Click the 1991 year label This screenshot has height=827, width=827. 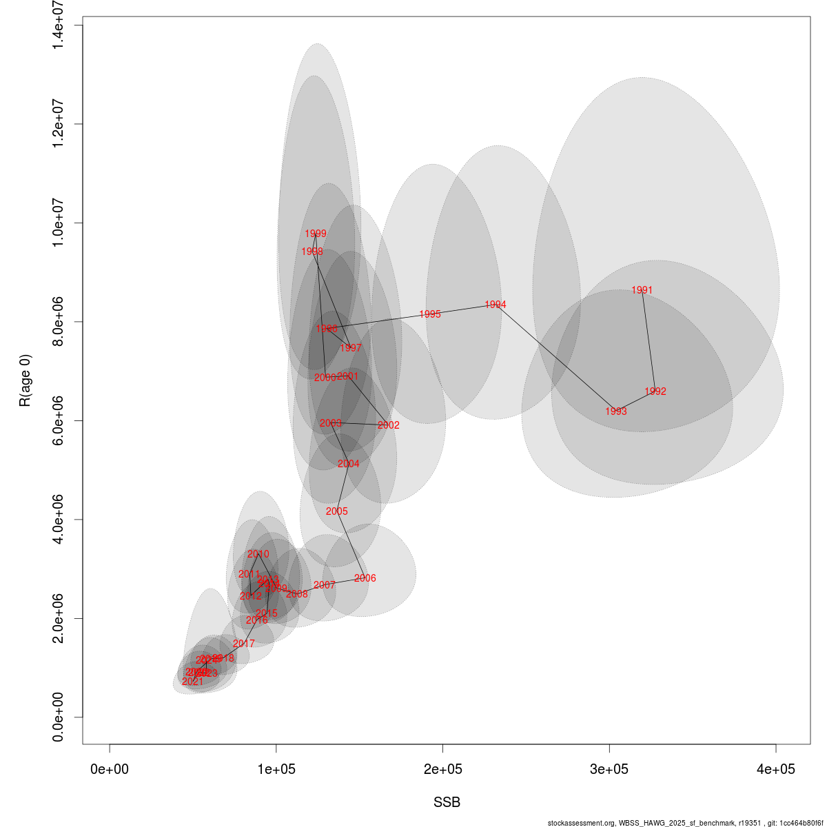(642, 290)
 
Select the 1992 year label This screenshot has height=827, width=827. (655, 391)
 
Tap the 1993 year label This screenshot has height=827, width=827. (616, 411)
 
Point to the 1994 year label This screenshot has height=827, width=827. (496, 305)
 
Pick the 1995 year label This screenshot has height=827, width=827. (430, 314)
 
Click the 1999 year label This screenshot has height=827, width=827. (316, 234)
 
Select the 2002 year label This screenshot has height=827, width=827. (389, 425)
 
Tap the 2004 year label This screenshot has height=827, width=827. (349, 464)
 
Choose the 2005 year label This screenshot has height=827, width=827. (337, 511)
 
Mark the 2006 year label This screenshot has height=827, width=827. (365, 578)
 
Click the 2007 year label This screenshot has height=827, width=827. (325, 585)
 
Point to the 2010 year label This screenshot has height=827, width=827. (258, 554)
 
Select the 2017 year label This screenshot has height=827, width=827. (244, 644)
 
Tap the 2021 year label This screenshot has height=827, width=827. (193, 682)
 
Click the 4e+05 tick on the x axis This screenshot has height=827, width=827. (776, 769)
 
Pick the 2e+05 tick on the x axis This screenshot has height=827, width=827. (443, 769)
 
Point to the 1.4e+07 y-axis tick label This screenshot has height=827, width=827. (60, 25)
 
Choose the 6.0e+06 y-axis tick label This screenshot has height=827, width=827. (60, 420)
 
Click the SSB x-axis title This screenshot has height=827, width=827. (447, 803)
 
